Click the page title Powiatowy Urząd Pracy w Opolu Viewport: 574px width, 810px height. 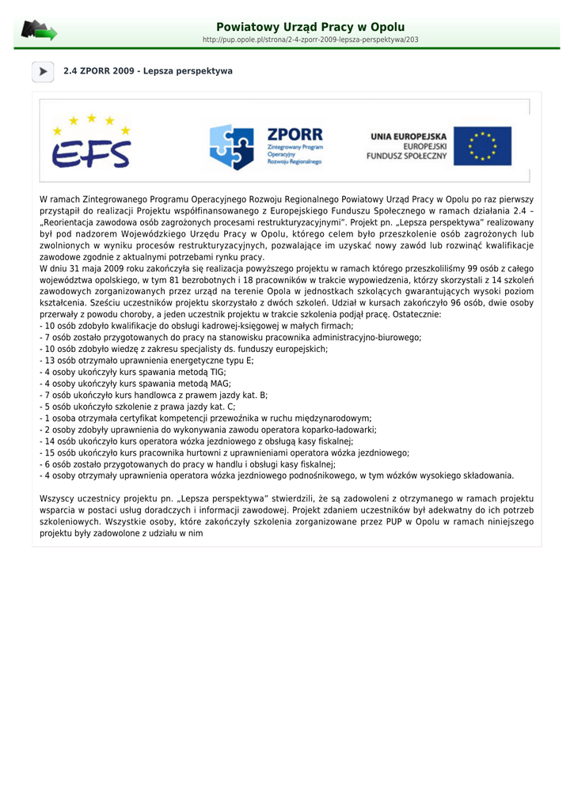310,27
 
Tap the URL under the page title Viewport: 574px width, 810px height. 310,40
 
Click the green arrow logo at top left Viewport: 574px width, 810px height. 39,31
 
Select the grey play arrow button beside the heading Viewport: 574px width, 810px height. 43,71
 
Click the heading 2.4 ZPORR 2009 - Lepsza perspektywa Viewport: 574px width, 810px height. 148,71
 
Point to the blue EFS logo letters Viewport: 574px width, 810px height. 91,153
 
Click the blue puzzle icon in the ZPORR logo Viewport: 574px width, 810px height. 231,146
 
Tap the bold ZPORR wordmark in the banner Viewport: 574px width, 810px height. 295,134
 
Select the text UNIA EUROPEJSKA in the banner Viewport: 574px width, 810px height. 409,137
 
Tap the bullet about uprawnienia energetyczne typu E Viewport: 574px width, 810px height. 147,360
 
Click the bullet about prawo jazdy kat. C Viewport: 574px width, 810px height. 138,407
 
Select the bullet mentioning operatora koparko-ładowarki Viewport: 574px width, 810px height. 208,430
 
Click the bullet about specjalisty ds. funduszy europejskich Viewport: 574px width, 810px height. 184,349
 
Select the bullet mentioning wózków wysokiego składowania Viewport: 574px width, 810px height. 277,475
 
